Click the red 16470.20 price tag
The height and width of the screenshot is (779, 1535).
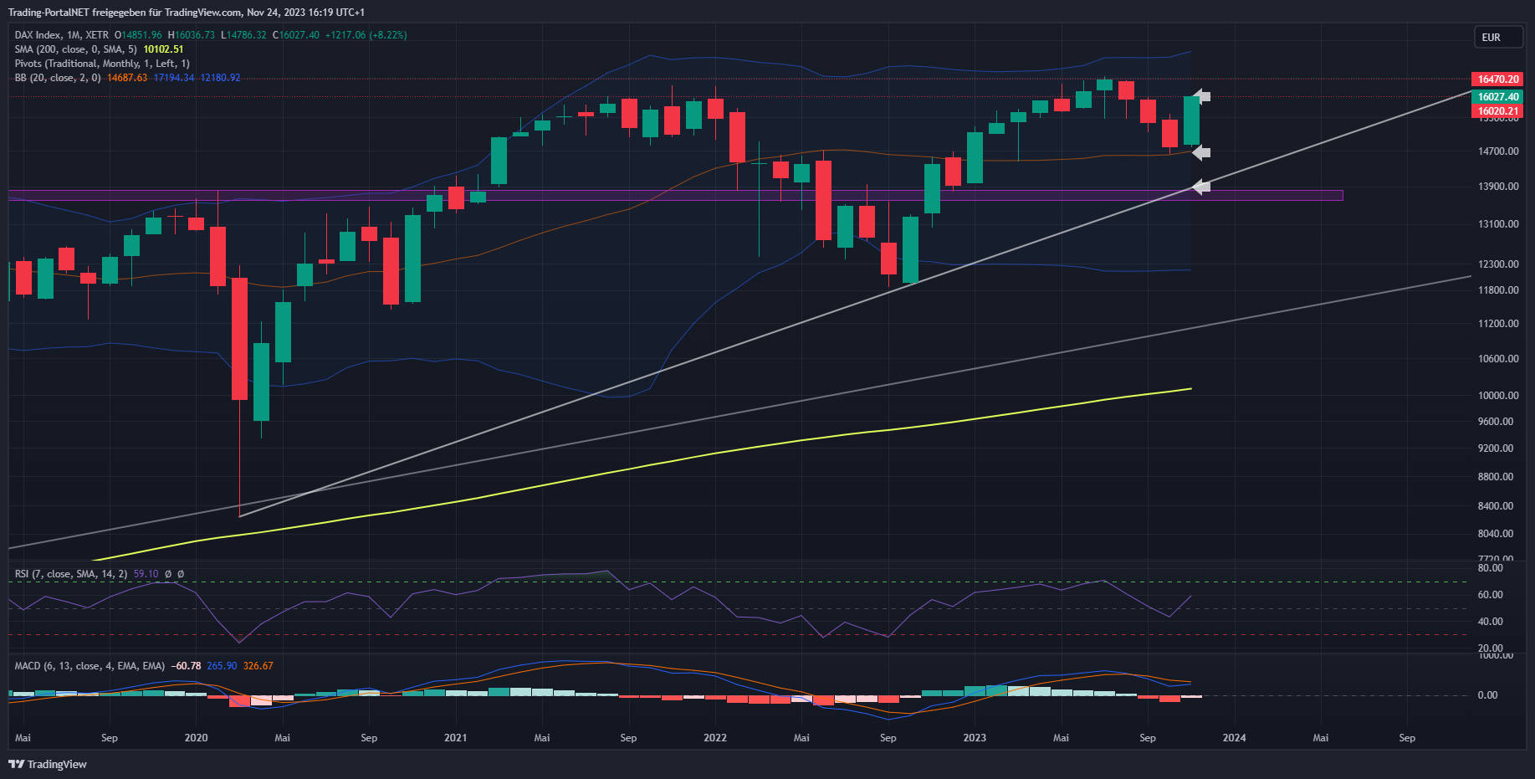tap(1497, 79)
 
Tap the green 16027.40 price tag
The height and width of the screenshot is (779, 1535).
tap(1497, 97)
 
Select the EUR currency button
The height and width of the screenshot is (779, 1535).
tap(1491, 38)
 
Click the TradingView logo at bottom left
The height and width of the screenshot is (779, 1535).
tap(48, 764)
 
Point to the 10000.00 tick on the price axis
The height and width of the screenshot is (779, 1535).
tap(1498, 396)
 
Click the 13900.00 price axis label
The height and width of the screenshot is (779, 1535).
tap(1498, 187)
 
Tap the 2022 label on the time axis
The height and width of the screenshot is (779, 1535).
tap(715, 738)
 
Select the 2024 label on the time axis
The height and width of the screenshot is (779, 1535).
tap(1234, 738)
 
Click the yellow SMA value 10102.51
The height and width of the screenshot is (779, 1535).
tap(163, 49)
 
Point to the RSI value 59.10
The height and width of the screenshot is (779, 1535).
tap(146, 574)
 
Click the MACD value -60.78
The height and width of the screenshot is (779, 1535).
tap(186, 666)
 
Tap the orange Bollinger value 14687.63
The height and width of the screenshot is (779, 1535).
tap(127, 78)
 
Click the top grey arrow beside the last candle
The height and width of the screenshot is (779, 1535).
tap(1201, 96)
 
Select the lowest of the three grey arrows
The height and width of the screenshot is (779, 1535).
tap(1201, 187)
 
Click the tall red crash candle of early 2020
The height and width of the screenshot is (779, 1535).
tap(239, 339)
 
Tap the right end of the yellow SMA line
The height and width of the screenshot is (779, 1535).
tap(1190, 389)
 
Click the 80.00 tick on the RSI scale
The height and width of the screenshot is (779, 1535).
tap(1490, 568)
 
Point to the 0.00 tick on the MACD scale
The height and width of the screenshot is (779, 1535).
tap(1487, 695)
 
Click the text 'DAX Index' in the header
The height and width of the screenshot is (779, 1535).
tap(38, 35)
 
